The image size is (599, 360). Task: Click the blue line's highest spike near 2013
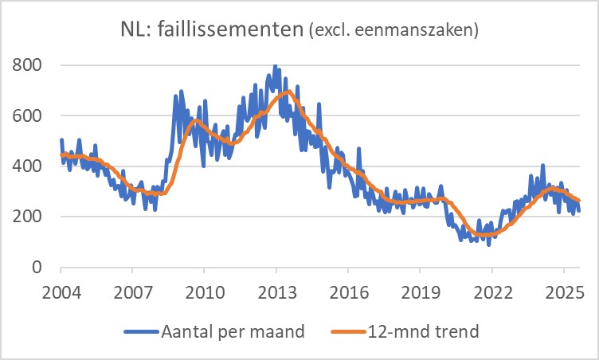click(x=275, y=66)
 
